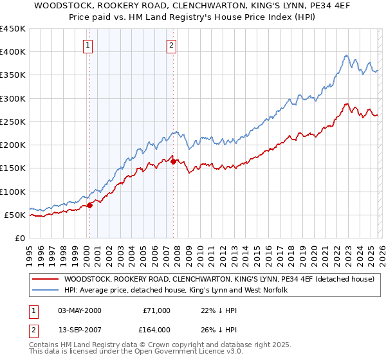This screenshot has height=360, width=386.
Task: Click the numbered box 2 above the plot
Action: [x=172, y=45]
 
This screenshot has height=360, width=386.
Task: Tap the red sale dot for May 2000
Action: [x=90, y=205]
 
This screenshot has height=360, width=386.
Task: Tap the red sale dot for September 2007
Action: [x=174, y=161]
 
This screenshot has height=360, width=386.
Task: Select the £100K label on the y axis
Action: [x=13, y=192]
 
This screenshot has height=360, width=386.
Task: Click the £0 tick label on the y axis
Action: [x=21, y=238]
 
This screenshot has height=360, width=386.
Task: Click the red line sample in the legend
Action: [x=46, y=279]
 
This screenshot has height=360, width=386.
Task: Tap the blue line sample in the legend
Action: [x=46, y=291]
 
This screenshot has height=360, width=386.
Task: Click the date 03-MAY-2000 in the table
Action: [x=79, y=310]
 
